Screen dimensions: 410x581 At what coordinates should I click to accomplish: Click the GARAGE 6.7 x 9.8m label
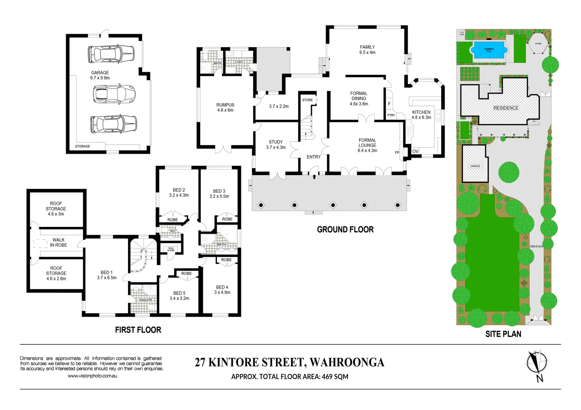[100, 75]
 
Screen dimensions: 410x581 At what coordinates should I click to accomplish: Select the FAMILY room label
[367, 50]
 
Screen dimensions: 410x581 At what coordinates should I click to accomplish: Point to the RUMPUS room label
[225, 107]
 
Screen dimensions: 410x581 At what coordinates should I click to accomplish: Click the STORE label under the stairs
[307, 100]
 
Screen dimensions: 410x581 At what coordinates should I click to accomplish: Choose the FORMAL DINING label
[359, 98]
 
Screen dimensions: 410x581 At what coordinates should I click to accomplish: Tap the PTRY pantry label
[391, 115]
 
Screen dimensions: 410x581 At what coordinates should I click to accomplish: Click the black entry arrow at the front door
[314, 176]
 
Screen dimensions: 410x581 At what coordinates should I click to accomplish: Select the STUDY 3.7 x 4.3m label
[276, 145]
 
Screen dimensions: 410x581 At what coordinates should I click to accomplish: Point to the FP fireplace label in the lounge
[397, 153]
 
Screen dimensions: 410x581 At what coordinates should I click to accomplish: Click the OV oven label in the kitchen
[415, 151]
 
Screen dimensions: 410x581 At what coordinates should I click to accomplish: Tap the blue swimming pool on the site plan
[489, 50]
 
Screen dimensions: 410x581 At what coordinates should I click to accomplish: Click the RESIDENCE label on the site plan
[506, 108]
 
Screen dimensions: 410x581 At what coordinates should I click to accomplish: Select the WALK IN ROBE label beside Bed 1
[59, 243]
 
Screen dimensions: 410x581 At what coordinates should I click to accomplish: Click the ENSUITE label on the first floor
[146, 300]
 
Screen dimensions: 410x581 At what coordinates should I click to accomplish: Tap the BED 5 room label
[179, 296]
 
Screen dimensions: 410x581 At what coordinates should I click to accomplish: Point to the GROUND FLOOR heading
[345, 230]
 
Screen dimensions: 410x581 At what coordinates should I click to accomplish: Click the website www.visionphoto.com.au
[92, 376]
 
